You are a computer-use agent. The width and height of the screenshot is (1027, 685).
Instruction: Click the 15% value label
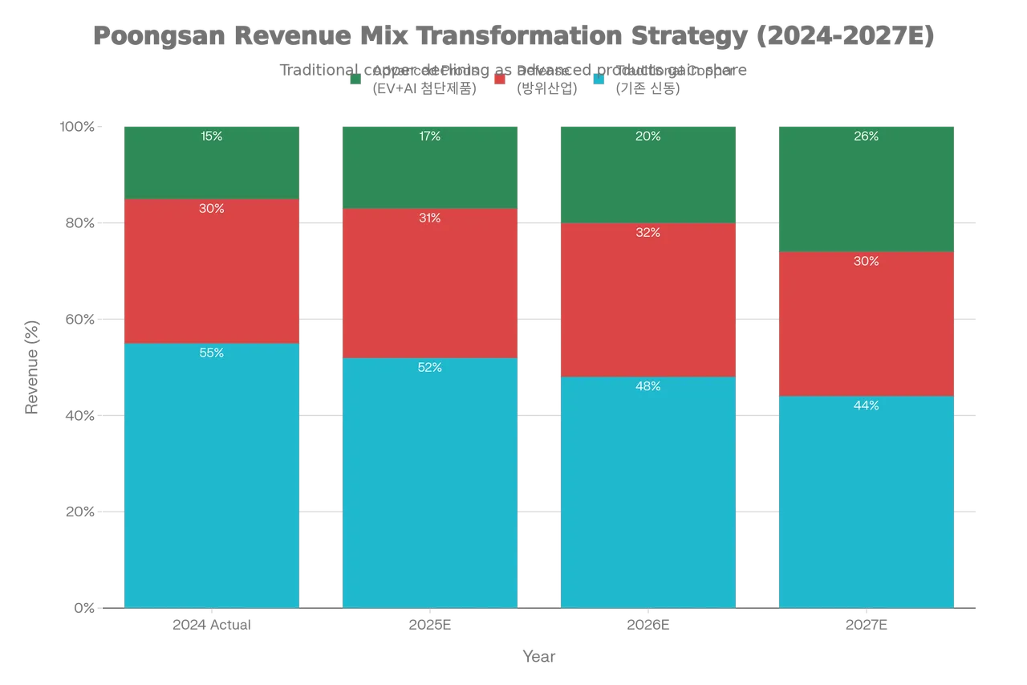click(212, 137)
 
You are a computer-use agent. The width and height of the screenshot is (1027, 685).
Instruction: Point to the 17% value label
click(430, 137)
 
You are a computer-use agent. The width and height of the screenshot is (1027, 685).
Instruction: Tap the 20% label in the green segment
click(648, 137)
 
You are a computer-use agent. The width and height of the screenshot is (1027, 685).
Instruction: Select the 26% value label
click(867, 137)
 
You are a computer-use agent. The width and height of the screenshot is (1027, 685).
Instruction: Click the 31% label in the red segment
click(430, 218)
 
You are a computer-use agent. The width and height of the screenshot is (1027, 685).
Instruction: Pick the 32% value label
click(648, 233)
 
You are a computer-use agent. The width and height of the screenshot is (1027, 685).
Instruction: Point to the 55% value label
click(212, 353)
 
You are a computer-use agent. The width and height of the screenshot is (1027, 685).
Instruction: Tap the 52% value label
click(430, 368)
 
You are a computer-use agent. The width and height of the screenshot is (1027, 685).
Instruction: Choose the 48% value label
click(648, 386)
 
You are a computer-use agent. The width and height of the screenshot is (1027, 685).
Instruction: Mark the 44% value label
click(867, 406)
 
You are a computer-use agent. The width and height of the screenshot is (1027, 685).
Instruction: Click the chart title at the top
click(513, 38)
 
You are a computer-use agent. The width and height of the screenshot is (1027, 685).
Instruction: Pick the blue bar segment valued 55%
click(212, 482)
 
